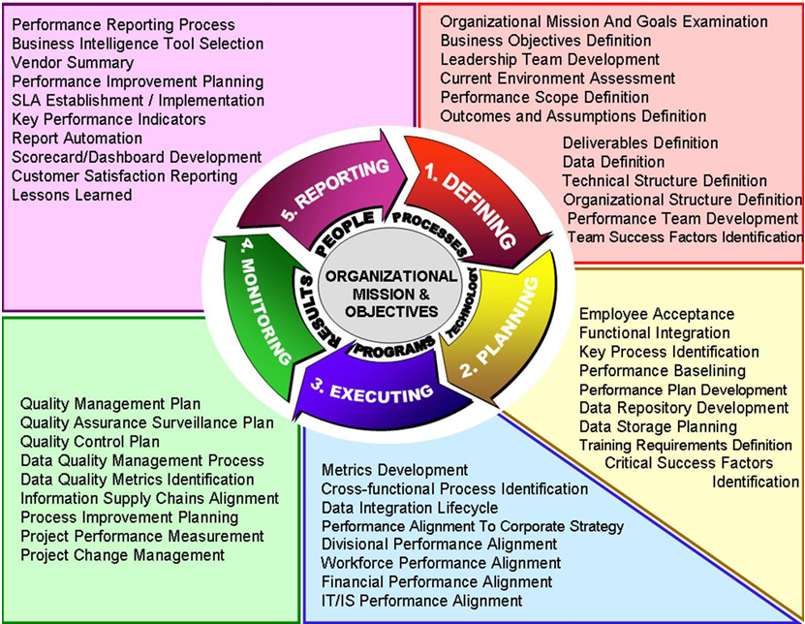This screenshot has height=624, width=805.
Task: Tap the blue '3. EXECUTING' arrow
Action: [378, 391]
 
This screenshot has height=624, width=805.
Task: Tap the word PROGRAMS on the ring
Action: [392, 347]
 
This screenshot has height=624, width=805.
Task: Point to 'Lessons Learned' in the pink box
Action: [72, 195]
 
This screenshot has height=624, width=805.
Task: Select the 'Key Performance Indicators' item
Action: [108, 119]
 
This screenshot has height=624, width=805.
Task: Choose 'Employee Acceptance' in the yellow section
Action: [656, 314]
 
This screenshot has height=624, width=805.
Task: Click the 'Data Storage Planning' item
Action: [658, 426]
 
